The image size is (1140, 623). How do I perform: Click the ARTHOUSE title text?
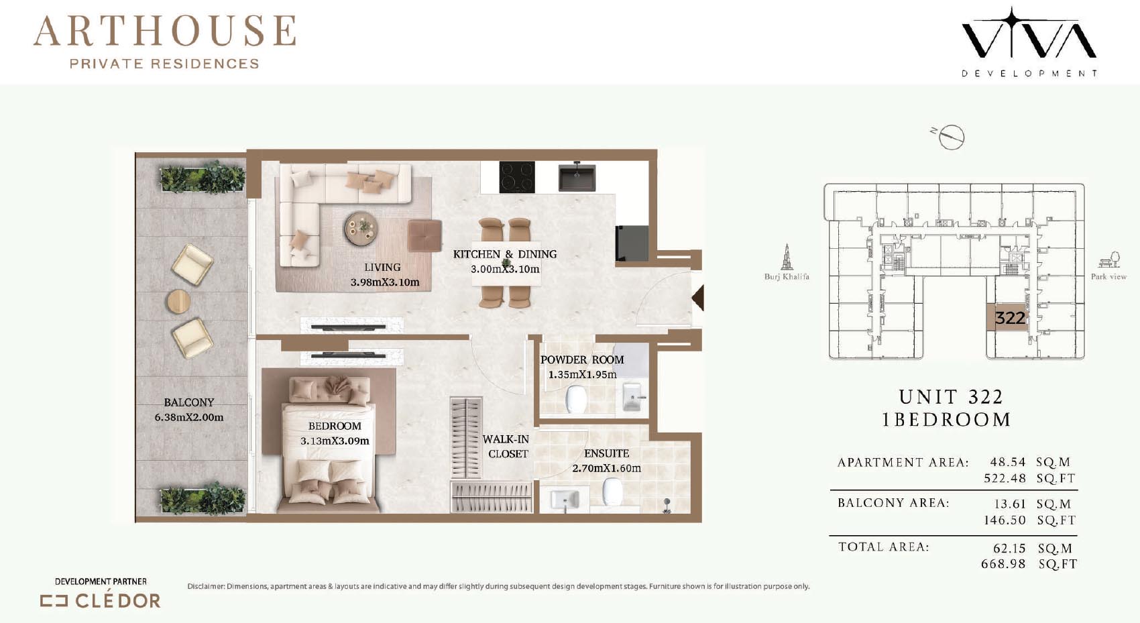tap(164, 31)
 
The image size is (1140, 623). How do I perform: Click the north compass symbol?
tap(948, 137)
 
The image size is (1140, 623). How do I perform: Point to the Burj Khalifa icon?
tap(787, 257)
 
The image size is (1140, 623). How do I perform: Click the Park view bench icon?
tap(1108, 260)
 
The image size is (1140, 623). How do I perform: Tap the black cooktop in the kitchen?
tap(516, 176)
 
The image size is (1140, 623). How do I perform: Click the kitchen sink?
tap(577, 176)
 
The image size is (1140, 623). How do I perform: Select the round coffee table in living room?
tap(360, 229)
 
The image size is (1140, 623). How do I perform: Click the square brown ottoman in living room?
tap(424, 235)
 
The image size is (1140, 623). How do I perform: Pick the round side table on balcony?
tap(178, 301)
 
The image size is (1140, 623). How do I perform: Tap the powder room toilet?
tap(576, 399)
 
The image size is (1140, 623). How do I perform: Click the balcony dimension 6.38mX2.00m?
tap(189, 417)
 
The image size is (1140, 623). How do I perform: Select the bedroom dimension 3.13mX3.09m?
tap(335, 441)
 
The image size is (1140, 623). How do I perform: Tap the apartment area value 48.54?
tap(1008, 462)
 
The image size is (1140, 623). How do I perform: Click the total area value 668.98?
tap(1003, 564)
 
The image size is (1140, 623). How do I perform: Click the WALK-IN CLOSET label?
tap(506, 447)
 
